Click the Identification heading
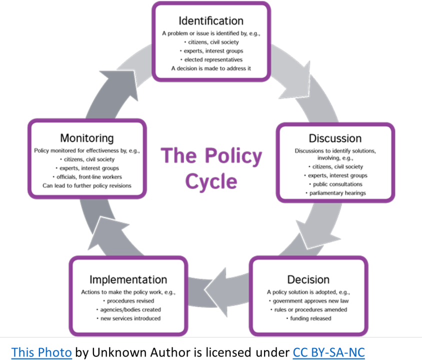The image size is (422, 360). (210, 21)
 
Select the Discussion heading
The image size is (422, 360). (334, 138)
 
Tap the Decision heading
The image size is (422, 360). (308, 279)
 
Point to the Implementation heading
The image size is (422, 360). (128, 279)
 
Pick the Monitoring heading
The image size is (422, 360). (87, 137)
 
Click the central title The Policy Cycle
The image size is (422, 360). (211, 168)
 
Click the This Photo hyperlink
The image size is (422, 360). (41, 351)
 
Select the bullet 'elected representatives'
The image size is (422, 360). (210, 59)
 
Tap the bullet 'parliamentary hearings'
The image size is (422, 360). (336, 193)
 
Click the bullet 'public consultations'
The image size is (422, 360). (336, 184)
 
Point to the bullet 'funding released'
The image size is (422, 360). (309, 318)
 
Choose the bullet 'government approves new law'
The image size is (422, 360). (309, 301)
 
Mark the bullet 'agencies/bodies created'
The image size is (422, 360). (129, 309)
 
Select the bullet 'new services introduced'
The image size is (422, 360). (129, 318)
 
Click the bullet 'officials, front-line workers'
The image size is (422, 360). (87, 177)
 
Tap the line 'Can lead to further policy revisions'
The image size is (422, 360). (87, 185)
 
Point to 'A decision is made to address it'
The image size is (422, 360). (210, 68)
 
